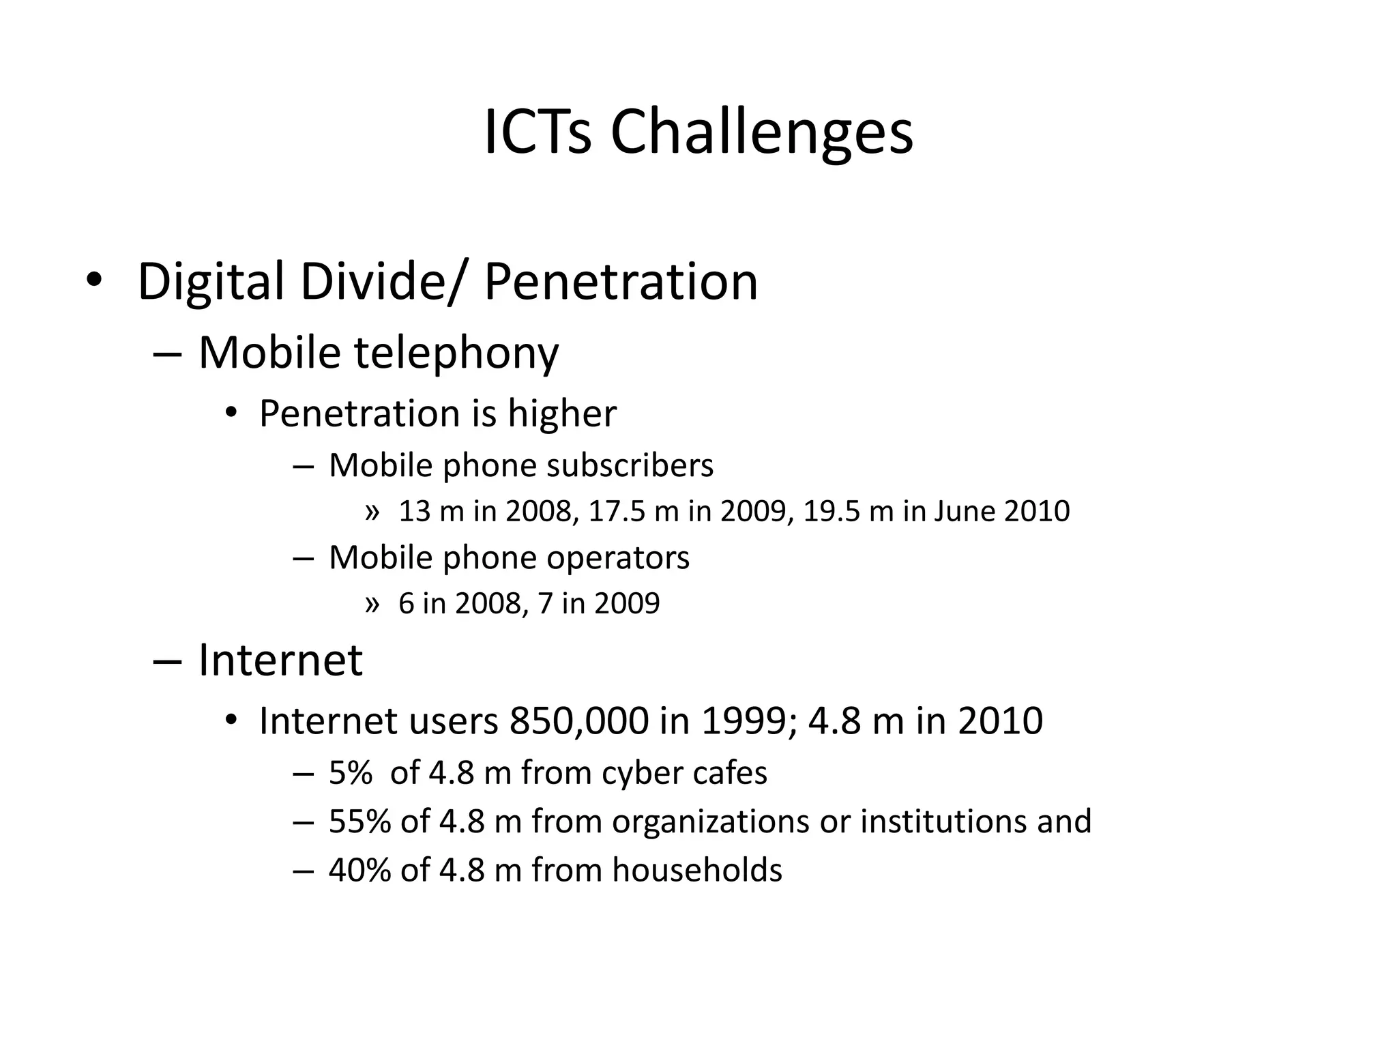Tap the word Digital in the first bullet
point(210,282)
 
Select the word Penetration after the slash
point(621,282)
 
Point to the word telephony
point(456,353)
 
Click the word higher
point(562,414)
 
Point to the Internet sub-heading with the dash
point(280,660)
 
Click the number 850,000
point(578,721)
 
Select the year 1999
point(744,721)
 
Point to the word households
point(697,871)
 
